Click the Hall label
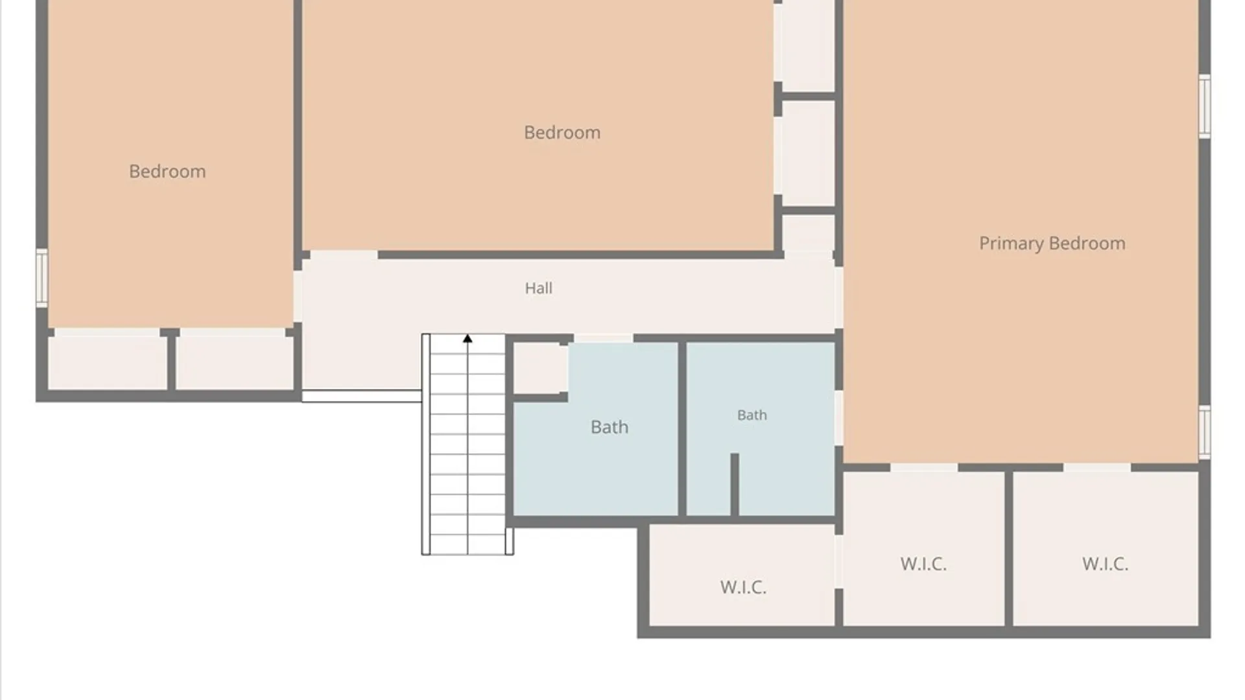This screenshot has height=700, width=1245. (x=538, y=288)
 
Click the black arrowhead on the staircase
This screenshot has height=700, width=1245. (x=468, y=338)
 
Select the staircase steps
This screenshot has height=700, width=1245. (x=468, y=445)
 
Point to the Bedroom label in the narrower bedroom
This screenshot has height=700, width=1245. (x=167, y=171)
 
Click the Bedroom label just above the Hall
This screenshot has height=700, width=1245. (x=562, y=132)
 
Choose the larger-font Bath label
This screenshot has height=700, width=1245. (x=610, y=427)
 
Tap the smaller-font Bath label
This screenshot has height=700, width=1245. (x=752, y=415)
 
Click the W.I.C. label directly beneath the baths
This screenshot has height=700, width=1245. (x=743, y=587)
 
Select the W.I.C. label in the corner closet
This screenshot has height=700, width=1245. (x=1105, y=564)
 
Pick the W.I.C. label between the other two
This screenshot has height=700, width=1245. (x=923, y=564)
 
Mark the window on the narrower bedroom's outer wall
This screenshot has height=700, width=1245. (x=41, y=278)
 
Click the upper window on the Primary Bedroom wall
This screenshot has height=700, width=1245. (x=1204, y=106)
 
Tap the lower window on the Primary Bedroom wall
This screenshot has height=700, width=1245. (x=1204, y=432)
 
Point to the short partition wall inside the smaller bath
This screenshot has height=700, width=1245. (x=735, y=485)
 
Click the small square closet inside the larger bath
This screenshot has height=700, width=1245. (x=541, y=368)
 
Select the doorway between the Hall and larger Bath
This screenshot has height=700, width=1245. (x=603, y=338)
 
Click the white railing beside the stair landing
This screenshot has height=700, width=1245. (x=362, y=396)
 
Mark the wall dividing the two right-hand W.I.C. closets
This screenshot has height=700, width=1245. (x=1008, y=548)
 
